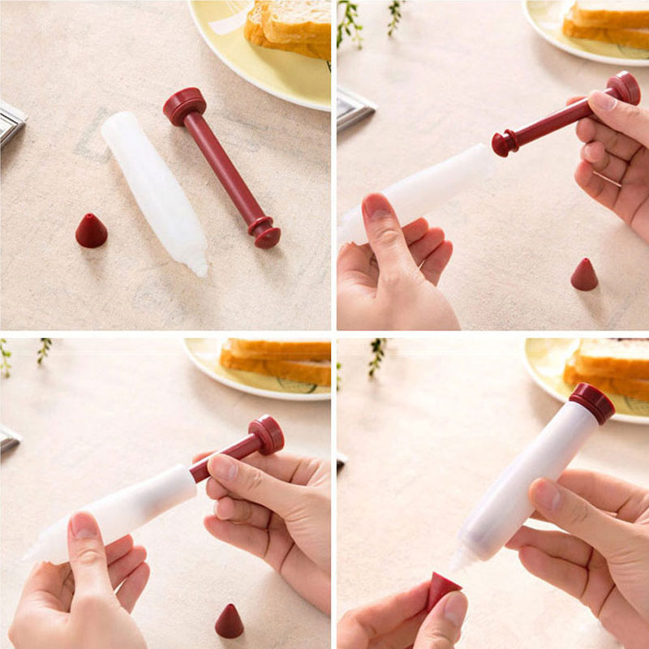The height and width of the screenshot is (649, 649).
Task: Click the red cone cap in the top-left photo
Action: click(x=91, y=231)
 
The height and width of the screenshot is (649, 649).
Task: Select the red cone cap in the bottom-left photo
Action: click(x=229, y=621)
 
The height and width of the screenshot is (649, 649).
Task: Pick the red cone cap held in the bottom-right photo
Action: click(x=443, y=589)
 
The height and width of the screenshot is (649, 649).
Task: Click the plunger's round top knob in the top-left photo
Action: click(x=185, y=105)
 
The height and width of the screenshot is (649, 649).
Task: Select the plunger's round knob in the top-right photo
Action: click(x=624, y=87)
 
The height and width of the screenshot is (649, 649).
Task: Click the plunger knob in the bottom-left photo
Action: click(x=266, y=434)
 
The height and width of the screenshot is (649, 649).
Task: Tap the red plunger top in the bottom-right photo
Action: click(x=591, y=402)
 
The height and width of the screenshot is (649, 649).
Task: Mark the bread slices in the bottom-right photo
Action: click(x=608, y=370)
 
